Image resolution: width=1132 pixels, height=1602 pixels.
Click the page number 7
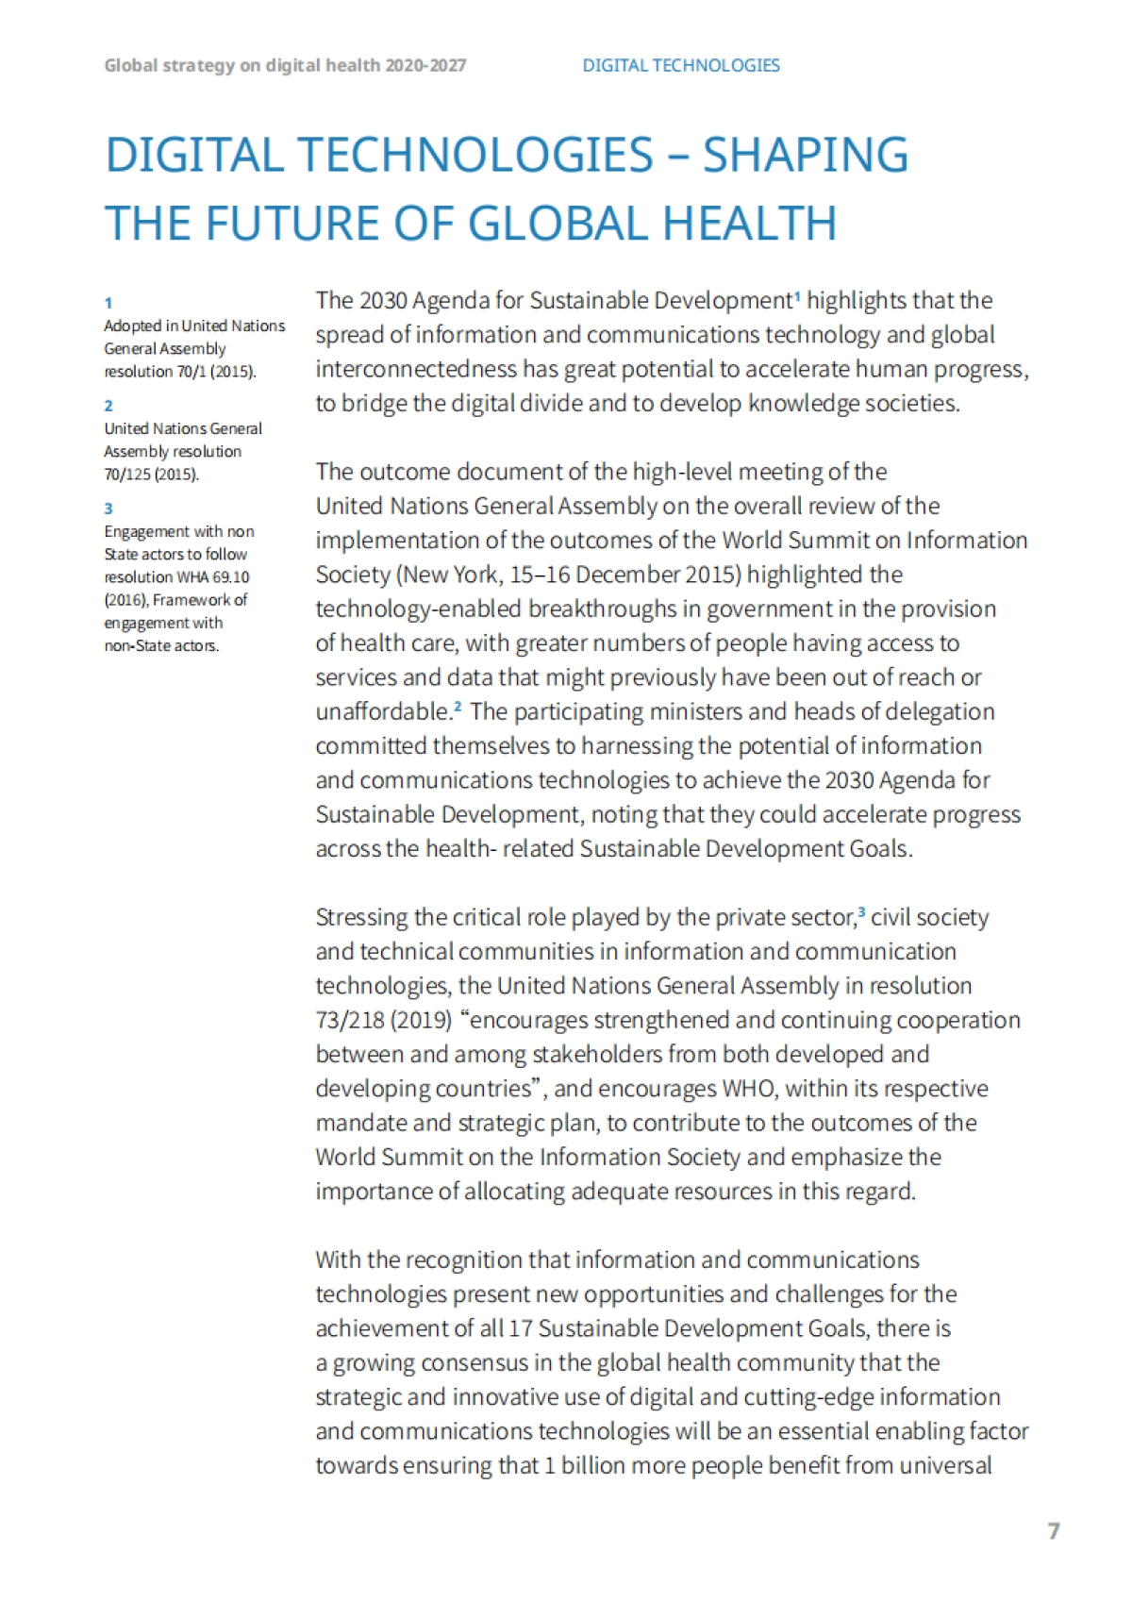click(x=1054, y=1530)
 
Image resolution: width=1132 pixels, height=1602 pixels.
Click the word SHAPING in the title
click(x=806, y=156)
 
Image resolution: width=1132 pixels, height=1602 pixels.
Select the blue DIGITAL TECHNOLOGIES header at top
click(x=680, y=65)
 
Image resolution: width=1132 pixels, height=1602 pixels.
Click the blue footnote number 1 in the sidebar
click(x=108, y=303)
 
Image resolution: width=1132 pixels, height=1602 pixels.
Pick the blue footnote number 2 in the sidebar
click(x=108, y=406)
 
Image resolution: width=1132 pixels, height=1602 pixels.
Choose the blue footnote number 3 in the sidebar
click(x=108, y=509)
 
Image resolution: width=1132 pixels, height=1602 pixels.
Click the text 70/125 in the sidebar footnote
click(x=127, y=475)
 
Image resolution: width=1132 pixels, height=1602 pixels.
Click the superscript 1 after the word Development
click(x=797, y=296)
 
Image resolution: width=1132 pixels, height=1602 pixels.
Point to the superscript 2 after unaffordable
click(x=458, y=707)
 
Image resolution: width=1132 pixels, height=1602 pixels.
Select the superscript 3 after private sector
click(x=861, y=912)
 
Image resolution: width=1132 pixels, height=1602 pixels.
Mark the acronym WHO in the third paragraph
click(x=748, y=1089)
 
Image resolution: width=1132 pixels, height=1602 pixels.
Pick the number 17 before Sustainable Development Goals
click(x=520, y=1328)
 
